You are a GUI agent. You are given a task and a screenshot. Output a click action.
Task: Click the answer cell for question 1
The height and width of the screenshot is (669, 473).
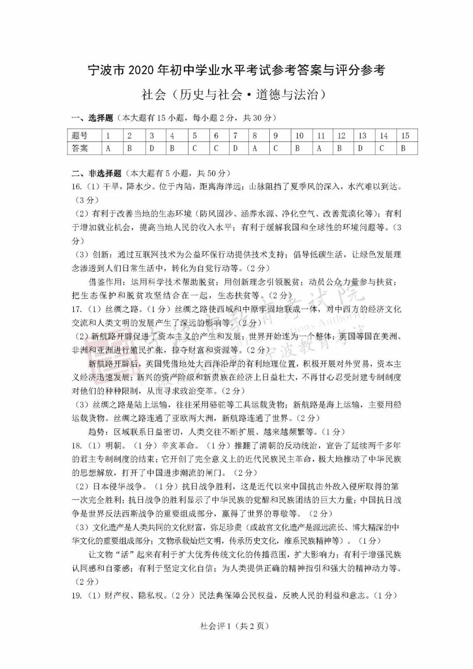108,149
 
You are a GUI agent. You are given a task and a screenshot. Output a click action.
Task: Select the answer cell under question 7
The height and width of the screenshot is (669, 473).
235,149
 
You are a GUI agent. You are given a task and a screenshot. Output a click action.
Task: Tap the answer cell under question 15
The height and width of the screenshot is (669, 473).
403,149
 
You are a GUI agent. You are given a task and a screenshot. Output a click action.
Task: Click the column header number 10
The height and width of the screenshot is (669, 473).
299,136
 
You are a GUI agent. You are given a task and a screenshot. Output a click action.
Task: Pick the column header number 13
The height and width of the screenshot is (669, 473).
362,136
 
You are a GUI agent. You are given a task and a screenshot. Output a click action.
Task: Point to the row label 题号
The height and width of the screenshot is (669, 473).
80,136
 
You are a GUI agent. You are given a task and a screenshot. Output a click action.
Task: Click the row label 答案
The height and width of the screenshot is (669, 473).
80,149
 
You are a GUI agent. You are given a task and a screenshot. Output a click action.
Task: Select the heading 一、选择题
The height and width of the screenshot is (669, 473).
92,118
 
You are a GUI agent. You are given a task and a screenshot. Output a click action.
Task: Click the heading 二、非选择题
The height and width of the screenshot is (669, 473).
96,174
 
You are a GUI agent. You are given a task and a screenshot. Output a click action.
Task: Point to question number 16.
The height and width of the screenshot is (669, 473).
77,187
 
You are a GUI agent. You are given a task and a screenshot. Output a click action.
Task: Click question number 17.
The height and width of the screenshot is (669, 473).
77,309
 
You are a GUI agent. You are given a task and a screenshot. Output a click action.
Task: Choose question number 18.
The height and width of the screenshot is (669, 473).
77,446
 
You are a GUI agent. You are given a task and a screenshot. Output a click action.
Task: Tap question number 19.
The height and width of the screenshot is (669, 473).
77,595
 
